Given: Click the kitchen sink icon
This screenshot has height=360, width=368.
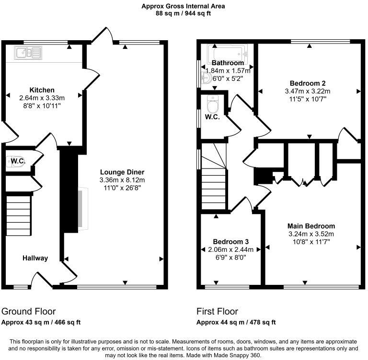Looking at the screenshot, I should point(26,53).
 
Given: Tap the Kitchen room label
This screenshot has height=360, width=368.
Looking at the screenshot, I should point(42,90).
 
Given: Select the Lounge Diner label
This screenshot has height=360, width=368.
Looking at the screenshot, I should point(122,172).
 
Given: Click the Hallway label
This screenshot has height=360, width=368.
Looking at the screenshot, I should point(35,258).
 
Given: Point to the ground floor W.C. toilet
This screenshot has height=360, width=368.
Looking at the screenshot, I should point(12,162).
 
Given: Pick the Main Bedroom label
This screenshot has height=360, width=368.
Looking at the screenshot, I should point(311,226).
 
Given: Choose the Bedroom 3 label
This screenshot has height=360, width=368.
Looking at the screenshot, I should point(231,242).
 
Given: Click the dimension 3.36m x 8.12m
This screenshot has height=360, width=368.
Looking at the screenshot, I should point(122,180).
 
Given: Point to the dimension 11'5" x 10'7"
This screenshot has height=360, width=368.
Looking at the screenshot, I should point(308,99).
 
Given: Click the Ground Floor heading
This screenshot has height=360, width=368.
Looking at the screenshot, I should point(29,311).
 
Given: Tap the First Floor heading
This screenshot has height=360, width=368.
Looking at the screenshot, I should point(217,311).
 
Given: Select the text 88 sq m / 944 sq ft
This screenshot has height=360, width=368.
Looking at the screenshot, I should point(184,13).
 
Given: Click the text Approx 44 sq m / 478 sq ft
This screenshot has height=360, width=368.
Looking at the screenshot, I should point(236,322).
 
